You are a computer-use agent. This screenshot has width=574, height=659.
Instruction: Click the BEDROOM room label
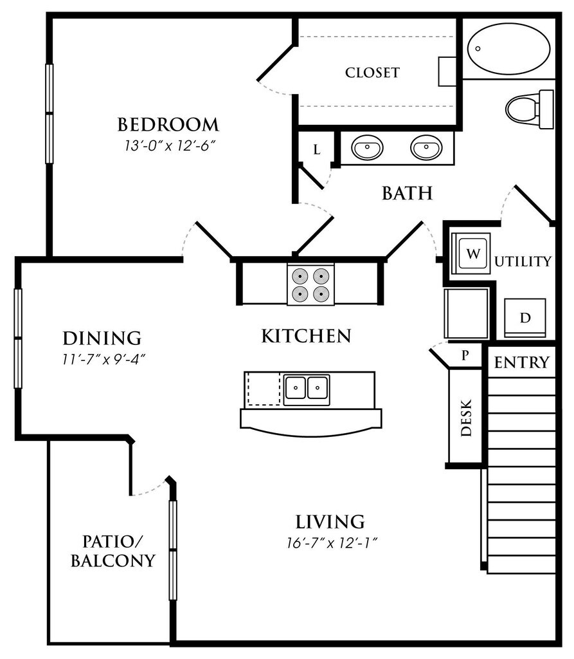[x=168, y=124]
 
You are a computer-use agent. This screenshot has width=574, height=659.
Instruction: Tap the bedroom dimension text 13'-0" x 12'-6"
[x=168, y=145]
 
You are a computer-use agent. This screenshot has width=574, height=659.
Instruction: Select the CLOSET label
[x=372, y=72]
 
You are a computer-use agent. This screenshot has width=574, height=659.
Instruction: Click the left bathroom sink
[x=367, y=148]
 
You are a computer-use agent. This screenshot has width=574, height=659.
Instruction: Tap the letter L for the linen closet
[x=316, y=150]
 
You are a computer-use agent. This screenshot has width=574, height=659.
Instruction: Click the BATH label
[x=406, y=192]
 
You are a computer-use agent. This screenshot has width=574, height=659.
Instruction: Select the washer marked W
[x=472, y=254]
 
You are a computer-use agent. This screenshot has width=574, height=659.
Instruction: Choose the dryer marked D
[x=525, y=317]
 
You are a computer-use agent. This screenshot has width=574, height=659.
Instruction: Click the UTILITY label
[x=524, y=261]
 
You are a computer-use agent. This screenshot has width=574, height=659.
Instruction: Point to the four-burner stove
[x=310, y=285]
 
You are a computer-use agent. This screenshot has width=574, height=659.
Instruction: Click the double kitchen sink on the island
[x=306, y=388]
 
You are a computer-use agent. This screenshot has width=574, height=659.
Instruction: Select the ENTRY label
[x=522, y=362]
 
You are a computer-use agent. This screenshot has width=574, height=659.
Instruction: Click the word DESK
[x=466, y=418]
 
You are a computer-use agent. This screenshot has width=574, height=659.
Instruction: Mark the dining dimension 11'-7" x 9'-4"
[x=102, y=358]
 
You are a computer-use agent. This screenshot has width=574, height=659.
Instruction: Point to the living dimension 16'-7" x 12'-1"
[x=330, y=542]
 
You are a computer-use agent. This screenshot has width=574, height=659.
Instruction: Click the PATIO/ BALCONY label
[x=112, y=550]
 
